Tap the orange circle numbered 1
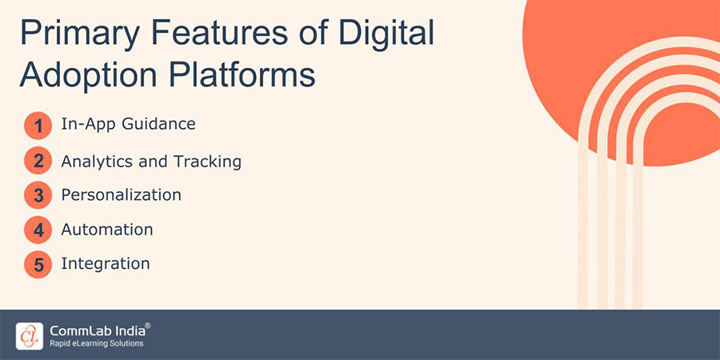tap(38, 126)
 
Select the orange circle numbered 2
tap(38, 162)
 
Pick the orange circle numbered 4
tap(38, 230)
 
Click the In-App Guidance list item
tap(128, 124)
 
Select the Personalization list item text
tap(121, 195)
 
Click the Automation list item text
tap(106, 230)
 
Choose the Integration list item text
tap(105, 263)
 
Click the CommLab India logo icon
tap(30, 335)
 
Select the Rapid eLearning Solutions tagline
tap(96, 343)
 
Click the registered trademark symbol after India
tap(147, 326)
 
